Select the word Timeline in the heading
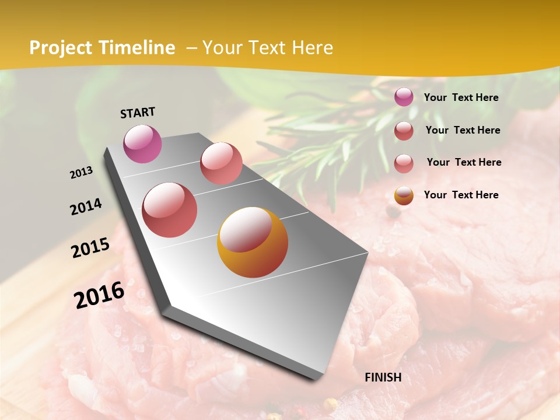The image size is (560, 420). pyautogui.click(x=138, y=48)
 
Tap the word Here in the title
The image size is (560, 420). pyautogui.click(x=312, y=48)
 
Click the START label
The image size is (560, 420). pyautogui.click(x=138, y=113)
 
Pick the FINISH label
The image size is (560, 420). pyautogui.click(x=383, y=377)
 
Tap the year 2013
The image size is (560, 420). pyautogui.click(x=81, y=173)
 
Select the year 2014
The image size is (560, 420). pyautogui.click(x=86, y=206)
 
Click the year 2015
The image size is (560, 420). pyautogui.click(x=90, y=248)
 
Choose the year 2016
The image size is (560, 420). pyautogui.click(x=99, y=295)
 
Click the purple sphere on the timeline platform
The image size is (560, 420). pyautogui.click(x=142, y=144)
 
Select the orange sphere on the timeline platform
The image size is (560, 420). pyautogui.click(x=253, y=242)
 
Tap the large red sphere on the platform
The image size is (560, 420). pyautogui.click(x=169, y=210)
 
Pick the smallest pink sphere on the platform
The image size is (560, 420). pyautogui.click(x=221, y=163)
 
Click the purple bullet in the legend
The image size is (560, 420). pyautogui.click(x=404, y=97)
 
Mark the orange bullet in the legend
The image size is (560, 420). pyautogui.click(x=404, y=195)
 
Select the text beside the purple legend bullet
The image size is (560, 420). pyautogui.click(x=461, y=97)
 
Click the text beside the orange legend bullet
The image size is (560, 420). pyautogui.click(x=461, y=195)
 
